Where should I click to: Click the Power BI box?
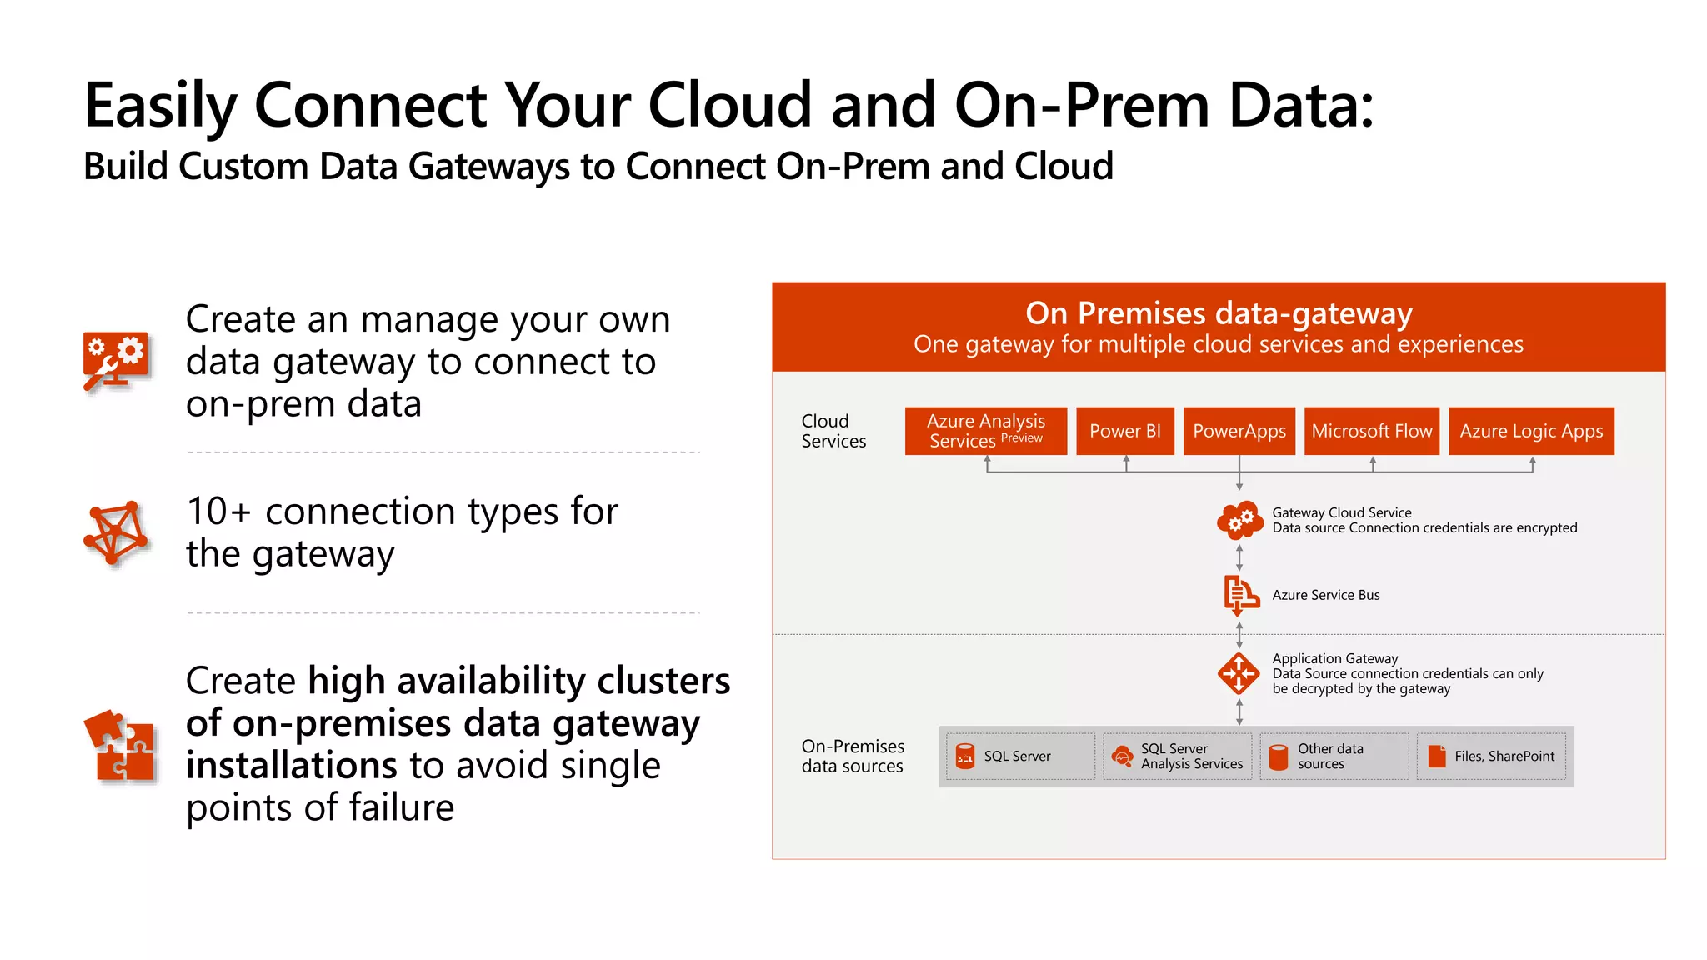pos(1124,431)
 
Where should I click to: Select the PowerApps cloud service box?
pos(1239,431)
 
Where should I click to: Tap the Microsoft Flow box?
pos(1371,431)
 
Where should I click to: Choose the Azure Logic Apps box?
pos(1530,431)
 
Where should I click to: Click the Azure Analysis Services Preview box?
pos(985,431)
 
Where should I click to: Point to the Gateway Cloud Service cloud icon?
pos(1239,520)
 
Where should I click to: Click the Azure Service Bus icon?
pos(1239,595)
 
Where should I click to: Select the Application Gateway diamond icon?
pos(1239,673)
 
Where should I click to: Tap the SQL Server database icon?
pos(965,756)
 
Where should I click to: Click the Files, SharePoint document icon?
pos(1437,756)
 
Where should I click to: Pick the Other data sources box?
pos(1334,756)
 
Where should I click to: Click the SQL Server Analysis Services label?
pos(1191,756)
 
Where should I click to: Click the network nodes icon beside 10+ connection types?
pos(116,532)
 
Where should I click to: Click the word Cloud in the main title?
pos(729,106)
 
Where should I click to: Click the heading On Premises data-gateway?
pos(1218,313)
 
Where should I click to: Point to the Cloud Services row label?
pos(833,431)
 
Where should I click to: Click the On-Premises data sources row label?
pos(852,756)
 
